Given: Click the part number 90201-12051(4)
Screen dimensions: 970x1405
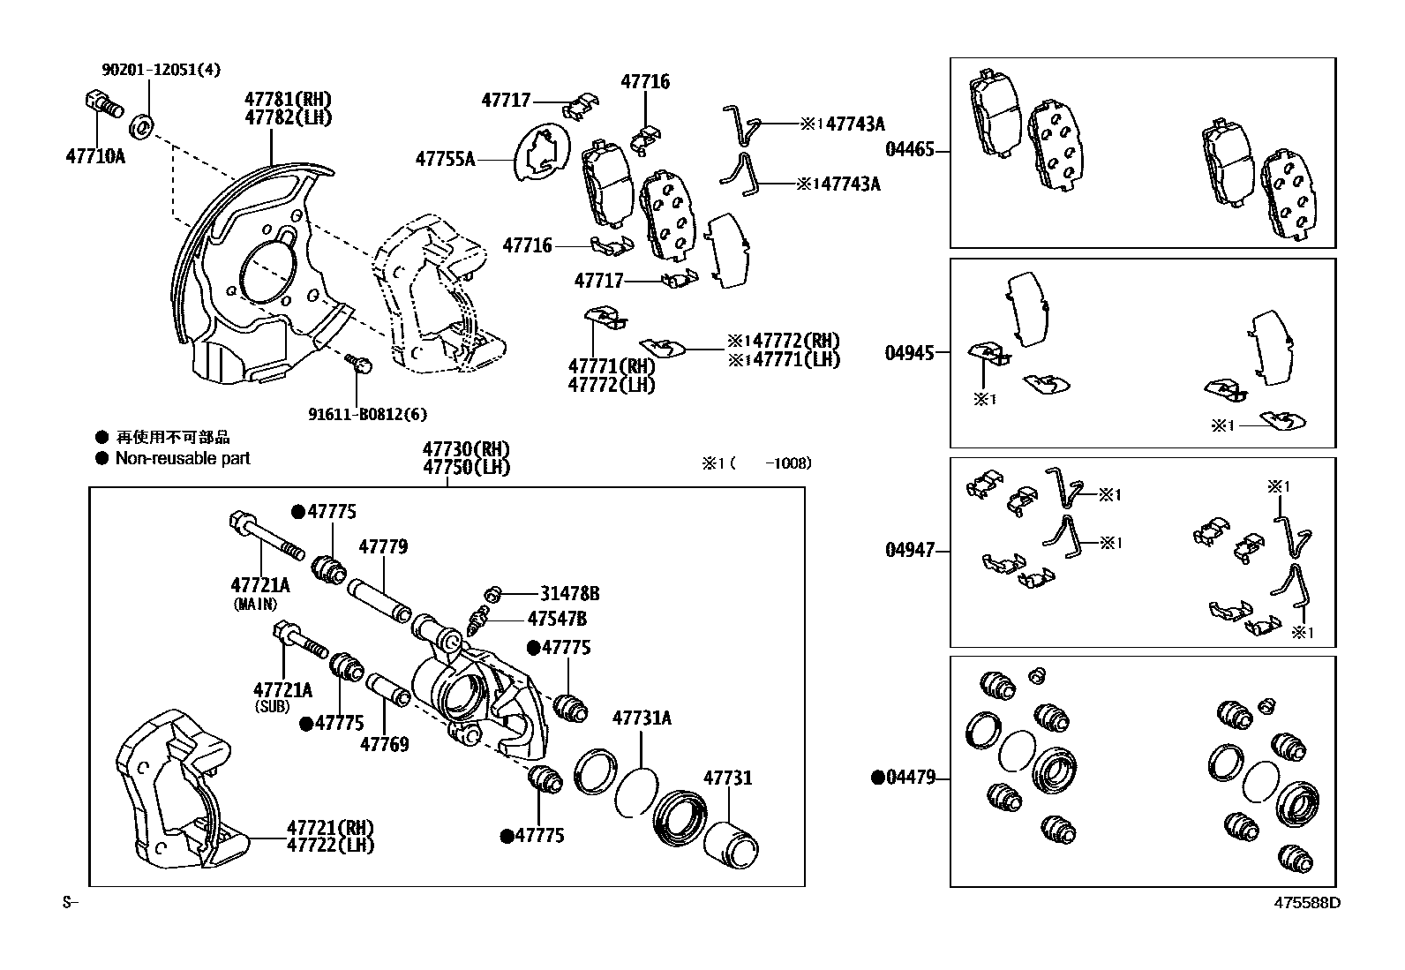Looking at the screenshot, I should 148,70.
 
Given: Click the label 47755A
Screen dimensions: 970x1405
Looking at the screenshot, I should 445,159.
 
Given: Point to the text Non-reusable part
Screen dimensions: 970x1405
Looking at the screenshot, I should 183,458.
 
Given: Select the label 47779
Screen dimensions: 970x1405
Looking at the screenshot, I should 383,547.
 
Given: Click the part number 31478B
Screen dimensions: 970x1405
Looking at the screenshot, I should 570,594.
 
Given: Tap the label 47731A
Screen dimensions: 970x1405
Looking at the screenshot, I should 642,718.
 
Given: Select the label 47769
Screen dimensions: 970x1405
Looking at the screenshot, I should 384,744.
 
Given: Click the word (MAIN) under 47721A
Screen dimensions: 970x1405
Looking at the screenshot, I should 255,605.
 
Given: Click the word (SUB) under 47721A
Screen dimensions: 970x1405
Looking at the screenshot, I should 272,707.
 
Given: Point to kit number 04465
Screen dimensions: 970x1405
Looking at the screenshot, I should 909,150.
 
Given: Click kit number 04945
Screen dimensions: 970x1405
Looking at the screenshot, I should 909,353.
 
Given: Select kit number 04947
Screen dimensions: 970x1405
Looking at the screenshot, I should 909,551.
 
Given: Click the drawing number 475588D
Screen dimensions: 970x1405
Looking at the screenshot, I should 1306,903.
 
